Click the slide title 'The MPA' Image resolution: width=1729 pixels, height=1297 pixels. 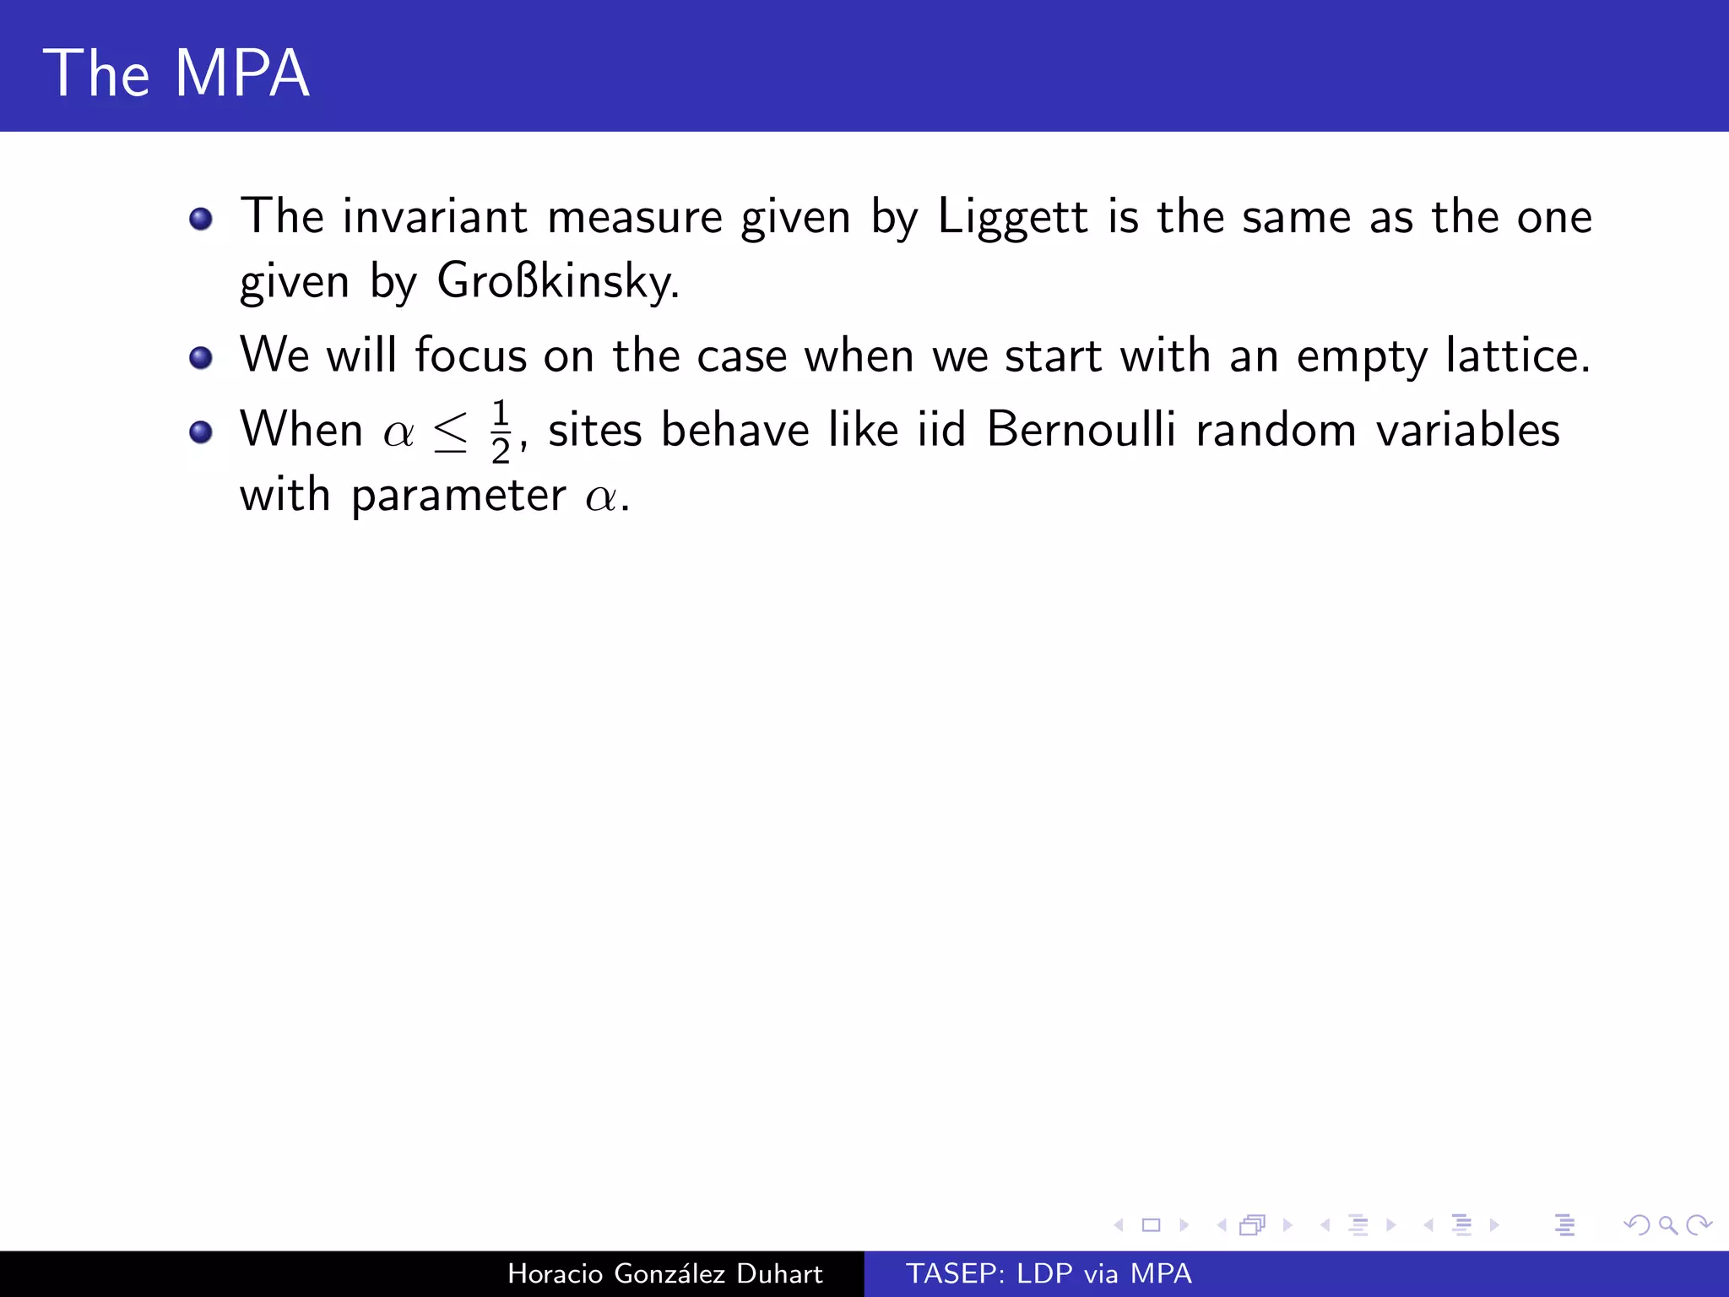[x=176, y=73]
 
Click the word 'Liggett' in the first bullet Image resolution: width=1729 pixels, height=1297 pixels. [x=1012, y=217]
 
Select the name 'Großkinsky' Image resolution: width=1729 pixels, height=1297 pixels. [x=557, y=281]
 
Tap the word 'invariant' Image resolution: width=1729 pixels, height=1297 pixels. [x=435, y=217]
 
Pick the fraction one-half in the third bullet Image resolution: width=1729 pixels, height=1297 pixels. [x=501, y=431]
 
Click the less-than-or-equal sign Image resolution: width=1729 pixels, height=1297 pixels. [x=450, y=432]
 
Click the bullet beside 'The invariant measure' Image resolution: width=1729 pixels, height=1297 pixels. [x=201, y=220]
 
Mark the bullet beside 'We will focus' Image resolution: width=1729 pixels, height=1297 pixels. [x=201, y=358]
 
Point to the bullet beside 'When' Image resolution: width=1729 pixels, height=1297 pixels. [x=201, y=432]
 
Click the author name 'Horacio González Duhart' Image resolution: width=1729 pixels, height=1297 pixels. [x=664, y=1273]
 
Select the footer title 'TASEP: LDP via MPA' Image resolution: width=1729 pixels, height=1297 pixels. [x=1049, y=1273]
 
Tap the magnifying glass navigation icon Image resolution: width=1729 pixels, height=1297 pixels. [x=1667, y=1224]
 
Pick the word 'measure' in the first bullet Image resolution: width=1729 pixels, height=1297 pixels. [x=635, y=218]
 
